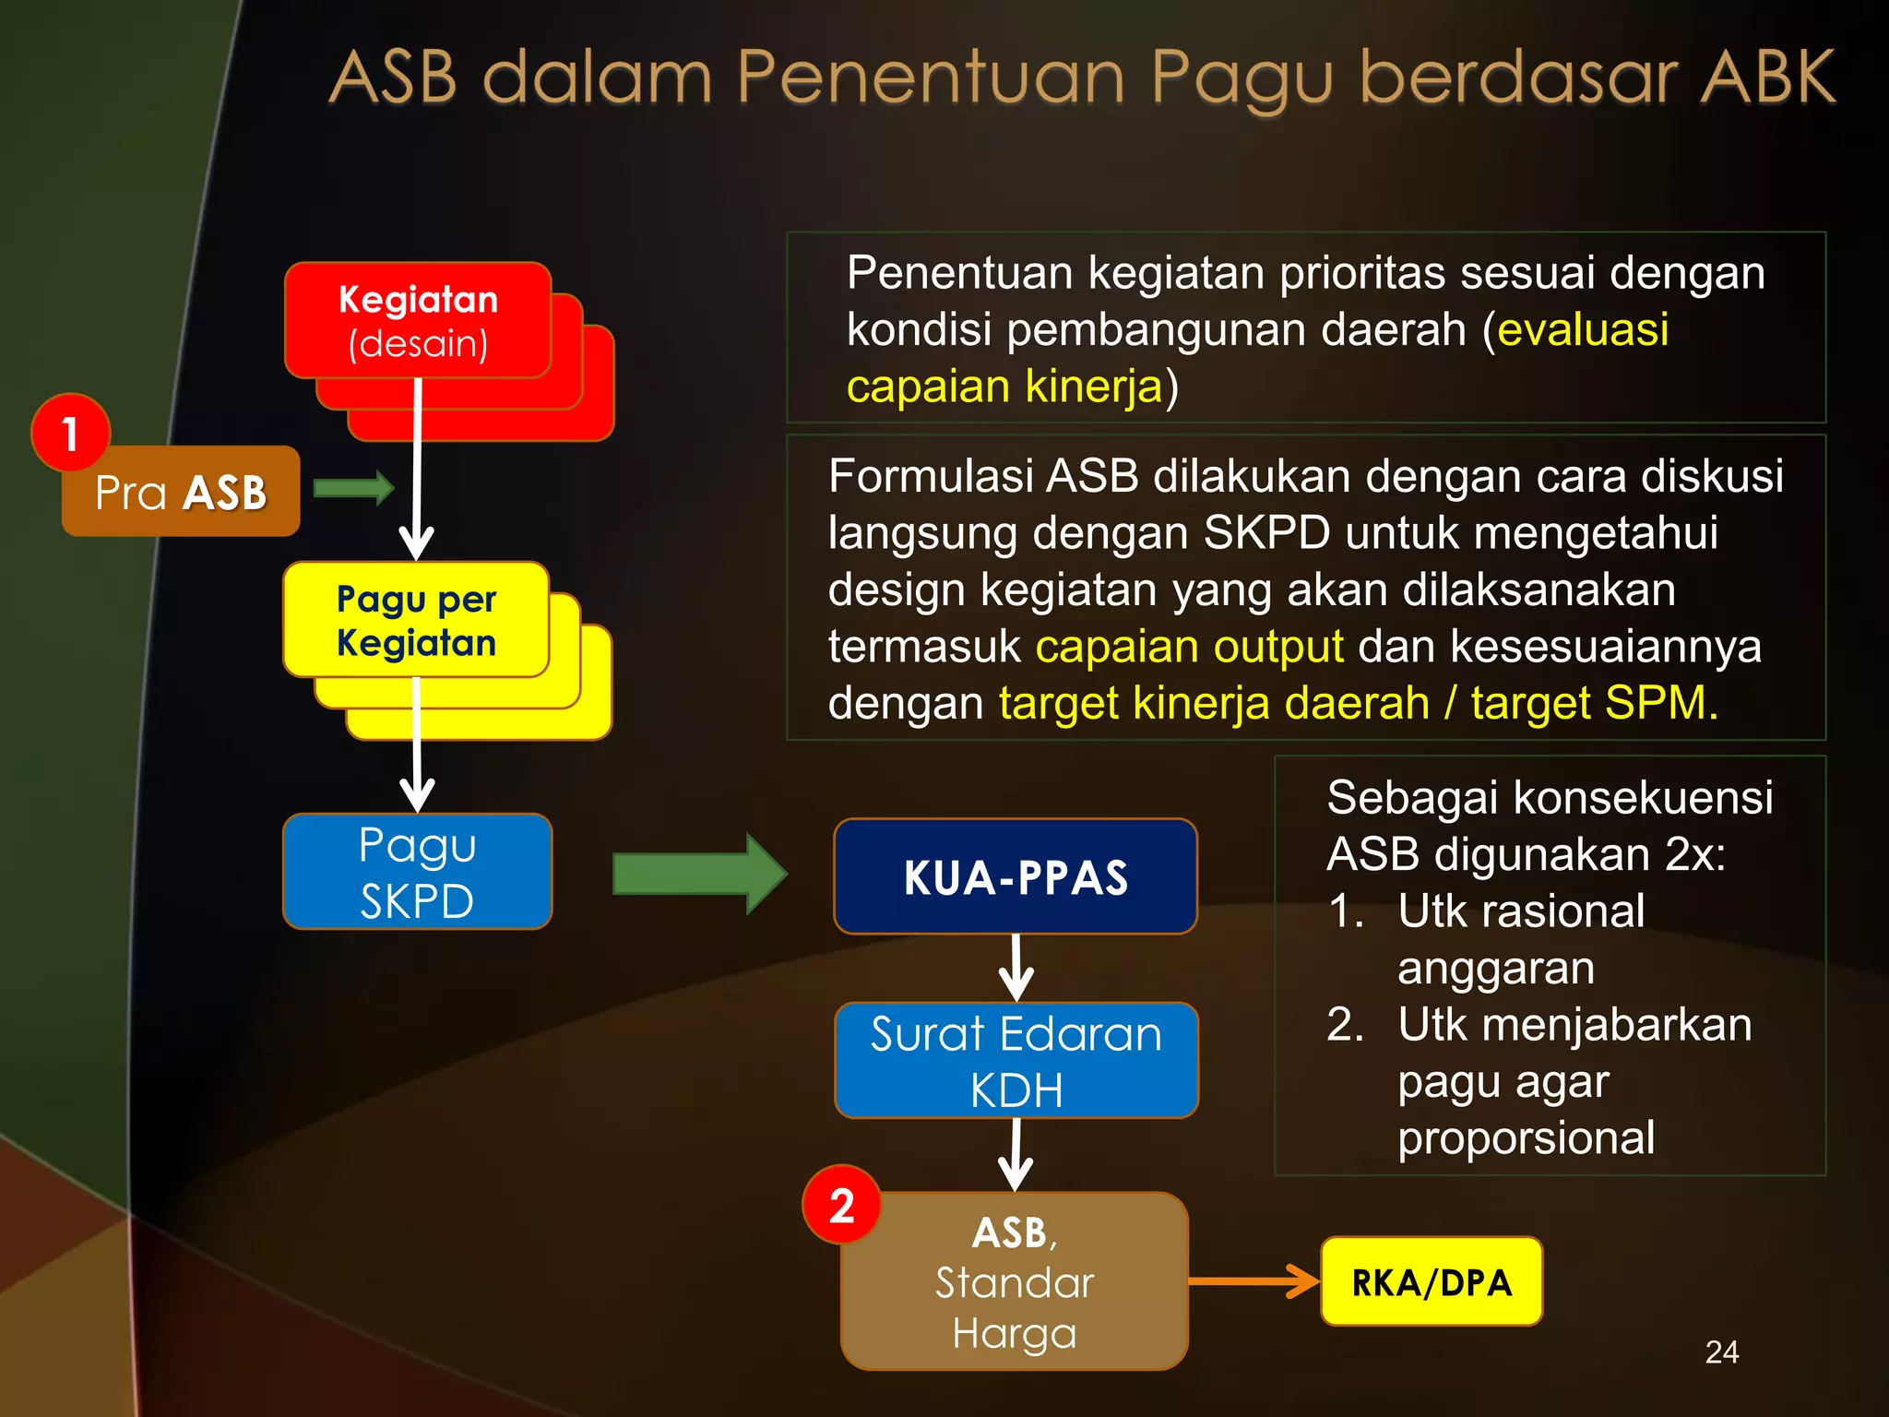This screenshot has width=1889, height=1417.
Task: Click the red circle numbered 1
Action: pos(70,433)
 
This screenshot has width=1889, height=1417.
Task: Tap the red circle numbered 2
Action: pos(841,1205)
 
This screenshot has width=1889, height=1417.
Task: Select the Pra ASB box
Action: pos(182,493)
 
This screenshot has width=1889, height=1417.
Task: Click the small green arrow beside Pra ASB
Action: pos(354,487)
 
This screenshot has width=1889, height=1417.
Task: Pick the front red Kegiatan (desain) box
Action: pos(418,320)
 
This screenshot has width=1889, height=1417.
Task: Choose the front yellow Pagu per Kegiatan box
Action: pos(416,620)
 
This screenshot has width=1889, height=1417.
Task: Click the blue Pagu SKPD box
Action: pos(417,872)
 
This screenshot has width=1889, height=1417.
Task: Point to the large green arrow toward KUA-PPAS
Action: pos(699,874)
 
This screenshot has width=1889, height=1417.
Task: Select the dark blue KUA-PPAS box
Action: pos(1016,876)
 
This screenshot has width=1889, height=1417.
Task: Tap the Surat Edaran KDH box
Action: pos(1016,1061)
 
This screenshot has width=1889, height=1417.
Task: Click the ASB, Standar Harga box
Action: pos(1015,1281)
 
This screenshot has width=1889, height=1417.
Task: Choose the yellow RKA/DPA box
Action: pos(1432,1281)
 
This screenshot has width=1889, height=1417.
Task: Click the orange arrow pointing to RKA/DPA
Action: pos(1254,1281)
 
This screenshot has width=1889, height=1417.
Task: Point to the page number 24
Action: pos(1722,1352)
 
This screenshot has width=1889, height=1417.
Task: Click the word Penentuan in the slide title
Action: pos(931,77)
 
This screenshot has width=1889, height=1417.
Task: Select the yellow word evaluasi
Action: pos(1583,329)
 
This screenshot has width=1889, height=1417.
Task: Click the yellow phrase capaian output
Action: pos(1190,646)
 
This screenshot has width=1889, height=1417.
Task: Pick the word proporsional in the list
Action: pos(1526,1137)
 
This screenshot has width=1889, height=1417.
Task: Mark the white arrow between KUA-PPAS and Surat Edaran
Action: pos(1016,968)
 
